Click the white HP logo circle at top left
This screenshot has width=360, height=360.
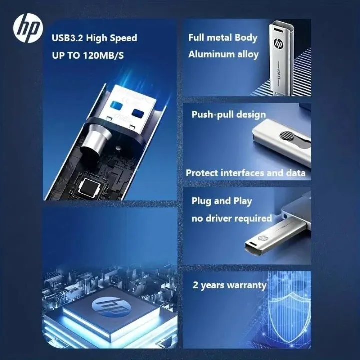(x=28, y=28)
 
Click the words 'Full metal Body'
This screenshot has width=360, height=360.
(x=223, y=38)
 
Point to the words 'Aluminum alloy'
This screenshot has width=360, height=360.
(x=223, y=54)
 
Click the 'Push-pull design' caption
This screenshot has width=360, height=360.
(x=229, y=115)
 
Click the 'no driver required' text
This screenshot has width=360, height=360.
(x=232, y=218)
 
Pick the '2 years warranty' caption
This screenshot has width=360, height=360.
(x=230, y=286)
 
